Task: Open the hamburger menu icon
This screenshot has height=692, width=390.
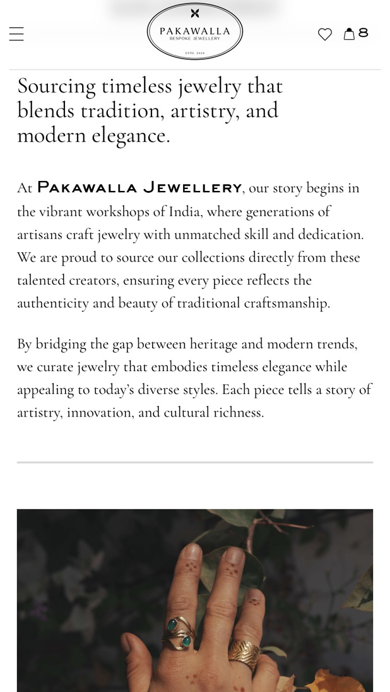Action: tap(16, 34)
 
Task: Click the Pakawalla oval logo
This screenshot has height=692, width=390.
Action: tap(195, 32)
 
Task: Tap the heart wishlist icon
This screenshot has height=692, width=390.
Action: tap(325, 34)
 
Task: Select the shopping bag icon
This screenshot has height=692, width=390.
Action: tap(349, 34)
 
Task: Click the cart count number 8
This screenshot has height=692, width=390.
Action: tap(363, 33)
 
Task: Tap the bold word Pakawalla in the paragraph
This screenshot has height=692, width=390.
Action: tap(87, 188)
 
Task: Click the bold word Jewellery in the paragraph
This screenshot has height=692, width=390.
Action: tap(192, 188)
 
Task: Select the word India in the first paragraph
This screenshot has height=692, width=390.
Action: tap(184, 211)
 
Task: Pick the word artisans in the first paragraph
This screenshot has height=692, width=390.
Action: tap(39, 234)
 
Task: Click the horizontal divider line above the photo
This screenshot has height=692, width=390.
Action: tap(195, 463)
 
